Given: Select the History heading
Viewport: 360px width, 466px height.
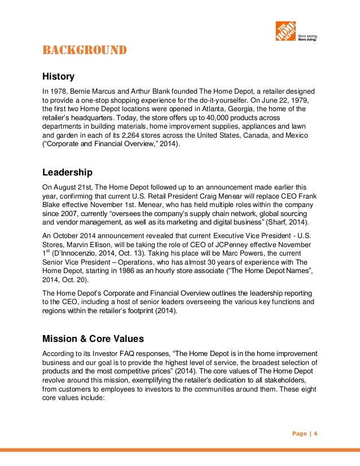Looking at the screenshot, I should click(59, 76).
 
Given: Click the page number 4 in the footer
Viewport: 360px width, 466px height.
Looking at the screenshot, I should click(316, 433).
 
